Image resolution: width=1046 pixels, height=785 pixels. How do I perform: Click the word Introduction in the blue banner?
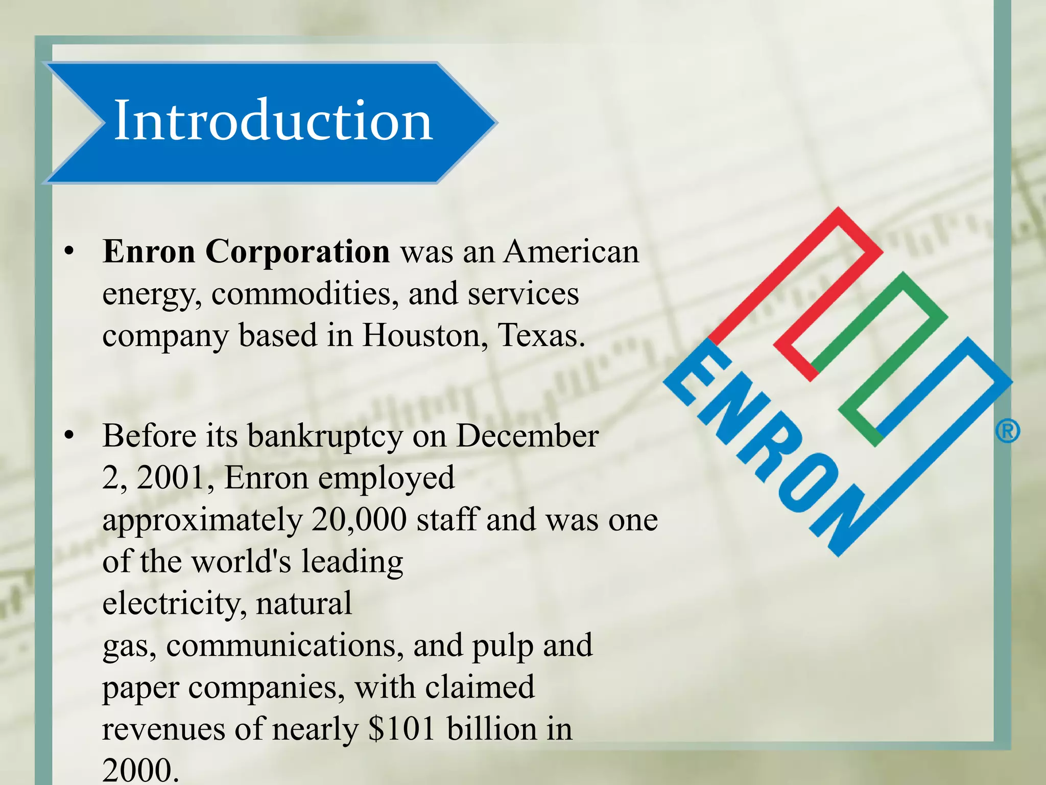pos(273,121)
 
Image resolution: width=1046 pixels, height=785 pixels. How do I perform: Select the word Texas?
pos(540,335)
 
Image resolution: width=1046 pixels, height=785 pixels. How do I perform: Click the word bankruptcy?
pos(325,437)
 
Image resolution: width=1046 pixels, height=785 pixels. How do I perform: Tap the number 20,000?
pos(359,520)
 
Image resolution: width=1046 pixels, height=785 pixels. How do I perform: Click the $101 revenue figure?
pos(401,729)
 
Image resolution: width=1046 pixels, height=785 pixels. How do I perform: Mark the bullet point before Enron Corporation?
pos(69,252)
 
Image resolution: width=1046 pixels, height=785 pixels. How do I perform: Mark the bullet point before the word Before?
pos(69,436)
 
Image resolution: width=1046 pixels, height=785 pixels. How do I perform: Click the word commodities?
pos(305,294)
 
